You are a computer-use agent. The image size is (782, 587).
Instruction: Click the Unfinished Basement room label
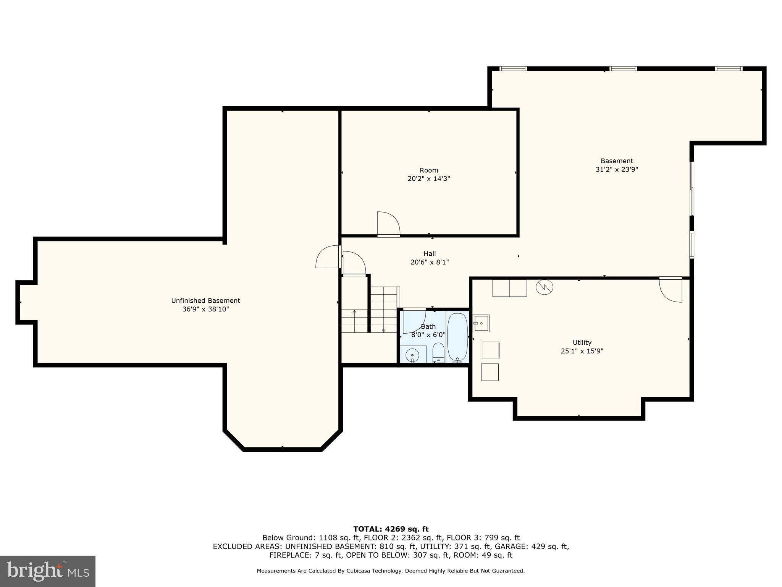pyautogui.click(x=205, y=301)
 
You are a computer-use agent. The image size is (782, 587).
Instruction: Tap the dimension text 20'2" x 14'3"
pyautogui.click(x=429, y=178)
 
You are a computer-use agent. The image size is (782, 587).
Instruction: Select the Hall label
pyautogui.click(x=430, y=254)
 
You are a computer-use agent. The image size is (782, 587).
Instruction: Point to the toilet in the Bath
pyautogui.click(x=438, y=352)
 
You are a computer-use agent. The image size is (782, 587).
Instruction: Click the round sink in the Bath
pyautogui.click(x=413, y=355)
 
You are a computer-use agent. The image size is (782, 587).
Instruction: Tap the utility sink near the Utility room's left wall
pyautogui.click(x=481, y=323)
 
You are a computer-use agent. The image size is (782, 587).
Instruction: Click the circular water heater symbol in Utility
pyautogui.click(x=544, y=287)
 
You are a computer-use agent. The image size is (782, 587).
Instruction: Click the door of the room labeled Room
pyautogui.click(x=388, y=224)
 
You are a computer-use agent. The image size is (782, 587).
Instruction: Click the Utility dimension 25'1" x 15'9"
pyautogui.click(x=582, y=351)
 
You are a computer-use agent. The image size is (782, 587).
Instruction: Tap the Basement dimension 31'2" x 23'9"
pyautogui.click(x=617, y=169)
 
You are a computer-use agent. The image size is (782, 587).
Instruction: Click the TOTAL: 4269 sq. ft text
pyautogui.click(x=391, y=529)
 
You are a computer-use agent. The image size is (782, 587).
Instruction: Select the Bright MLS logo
pyautogui.click(x=48, y=571)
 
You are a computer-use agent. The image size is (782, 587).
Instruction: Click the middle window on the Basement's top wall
pyautogui.click(x=623, y=69)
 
